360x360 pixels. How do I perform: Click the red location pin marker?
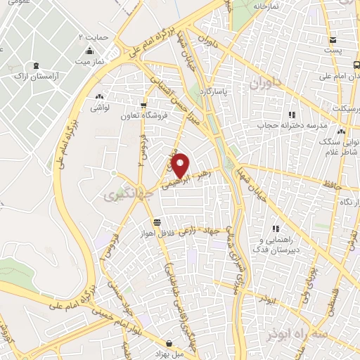pyautogui.click(x=181, y=165)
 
